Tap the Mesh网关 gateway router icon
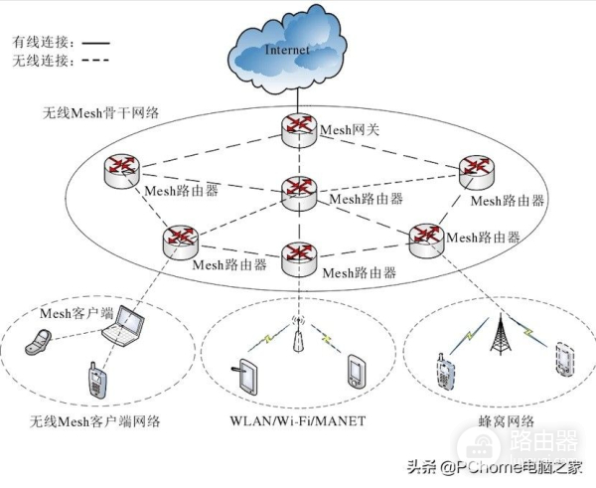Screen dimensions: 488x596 (297, 127)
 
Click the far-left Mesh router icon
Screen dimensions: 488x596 (121, 171)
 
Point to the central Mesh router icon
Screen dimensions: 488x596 (297, 190)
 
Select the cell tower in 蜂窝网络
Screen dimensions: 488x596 (499, 337)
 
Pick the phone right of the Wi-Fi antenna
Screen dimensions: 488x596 (357, 374)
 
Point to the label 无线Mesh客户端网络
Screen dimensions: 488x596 (95, 422)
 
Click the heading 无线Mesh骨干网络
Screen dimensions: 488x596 (105, 117)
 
